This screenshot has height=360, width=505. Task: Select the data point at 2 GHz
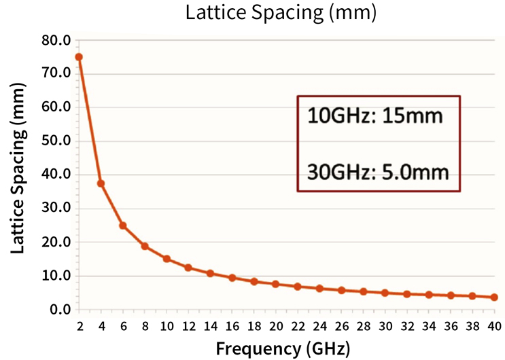(x=79, y=57)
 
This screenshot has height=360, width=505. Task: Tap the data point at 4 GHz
(x=101, y=183)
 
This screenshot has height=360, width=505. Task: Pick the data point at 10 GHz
(x=167, y=259)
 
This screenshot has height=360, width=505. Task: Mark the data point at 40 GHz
(x=494, y=297)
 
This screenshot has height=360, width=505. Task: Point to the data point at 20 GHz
(x=275, y=284)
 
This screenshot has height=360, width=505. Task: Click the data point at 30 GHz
(x=385, y=293)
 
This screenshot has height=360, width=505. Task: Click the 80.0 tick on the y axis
(x=56, y=40)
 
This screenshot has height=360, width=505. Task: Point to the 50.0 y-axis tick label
(x=56, y=141)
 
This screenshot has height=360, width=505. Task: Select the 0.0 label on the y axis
(x=60, y=310)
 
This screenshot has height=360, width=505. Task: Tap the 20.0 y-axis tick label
(x=56, y=242)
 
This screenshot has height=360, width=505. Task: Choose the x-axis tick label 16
(x=232, y=327)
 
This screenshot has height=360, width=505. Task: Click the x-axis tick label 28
(x=363, y=327)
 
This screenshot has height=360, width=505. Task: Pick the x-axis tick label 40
(x=494, y=327)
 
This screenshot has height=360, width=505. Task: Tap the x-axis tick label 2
(x=79, y=327)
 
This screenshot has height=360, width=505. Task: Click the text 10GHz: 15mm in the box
(x=375, y=116)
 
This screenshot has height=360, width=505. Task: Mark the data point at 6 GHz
(x=123, y=226)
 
